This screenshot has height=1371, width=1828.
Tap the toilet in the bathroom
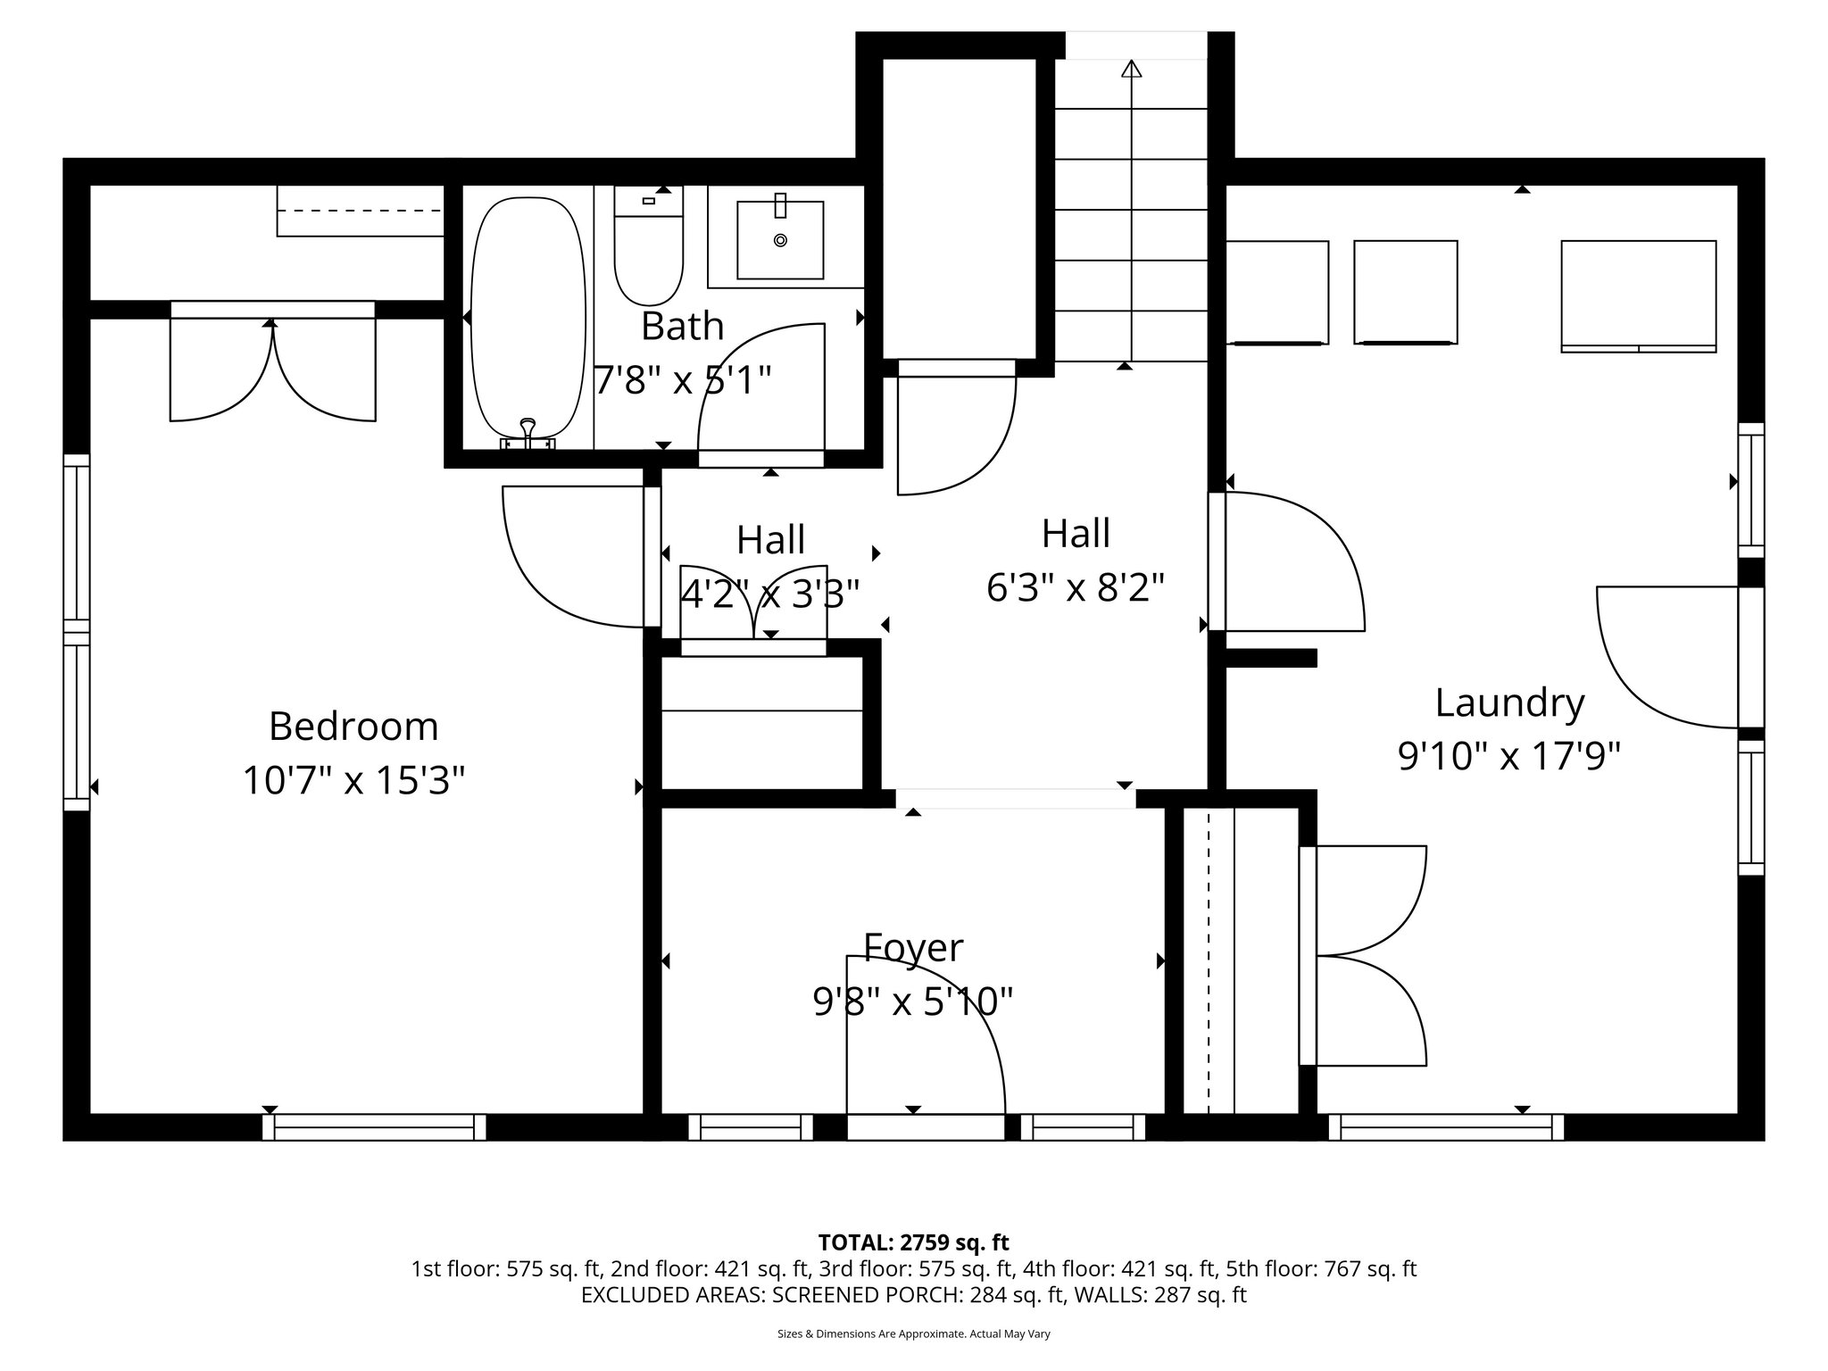(x=648, y=254)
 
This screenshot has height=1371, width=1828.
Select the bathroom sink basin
(x=780, y=240)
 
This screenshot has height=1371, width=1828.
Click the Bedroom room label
(x=353, y=727)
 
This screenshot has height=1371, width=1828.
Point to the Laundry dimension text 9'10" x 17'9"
(x=1508, y=758)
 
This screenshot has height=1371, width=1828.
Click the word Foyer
(x=913, y=948)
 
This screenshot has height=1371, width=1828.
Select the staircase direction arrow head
(x=1132, y=69)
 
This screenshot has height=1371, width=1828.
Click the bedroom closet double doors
(x=273, y=366)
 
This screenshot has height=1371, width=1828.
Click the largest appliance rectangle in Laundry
(x=1638, y=295)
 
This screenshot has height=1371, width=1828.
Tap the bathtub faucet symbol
(x=528, y=432)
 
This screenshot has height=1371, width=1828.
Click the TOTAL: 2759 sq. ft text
(x=913, y=1242)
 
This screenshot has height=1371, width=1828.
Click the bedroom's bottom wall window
(x=374, y=1126)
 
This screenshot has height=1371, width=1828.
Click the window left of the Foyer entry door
(x=750, y=1126)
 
